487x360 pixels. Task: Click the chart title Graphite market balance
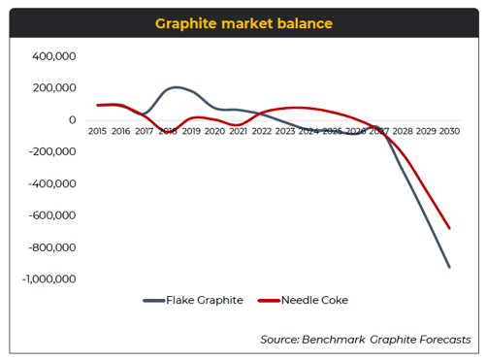point(243,22)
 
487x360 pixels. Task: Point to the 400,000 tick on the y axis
point(54,57)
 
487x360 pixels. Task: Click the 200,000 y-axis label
point(54,88)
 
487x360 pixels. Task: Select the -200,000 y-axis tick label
point(52,152)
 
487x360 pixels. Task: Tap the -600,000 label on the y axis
point(52,215)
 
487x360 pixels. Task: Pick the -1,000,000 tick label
point(49,279)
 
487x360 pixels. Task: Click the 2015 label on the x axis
point(97,131)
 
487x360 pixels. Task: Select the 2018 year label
point(168,131)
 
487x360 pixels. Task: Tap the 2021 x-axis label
point(238,131)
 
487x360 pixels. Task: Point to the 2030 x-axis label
point(449,131)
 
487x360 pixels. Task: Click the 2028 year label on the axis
point(403,131)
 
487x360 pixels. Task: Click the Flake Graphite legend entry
point(193,301)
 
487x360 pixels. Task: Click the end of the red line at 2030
point(449,229)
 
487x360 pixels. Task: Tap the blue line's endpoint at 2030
point(449,267)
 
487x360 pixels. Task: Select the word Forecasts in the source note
point(441,340)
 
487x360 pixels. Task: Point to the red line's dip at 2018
point(169,125)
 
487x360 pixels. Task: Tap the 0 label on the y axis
point(73,120)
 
